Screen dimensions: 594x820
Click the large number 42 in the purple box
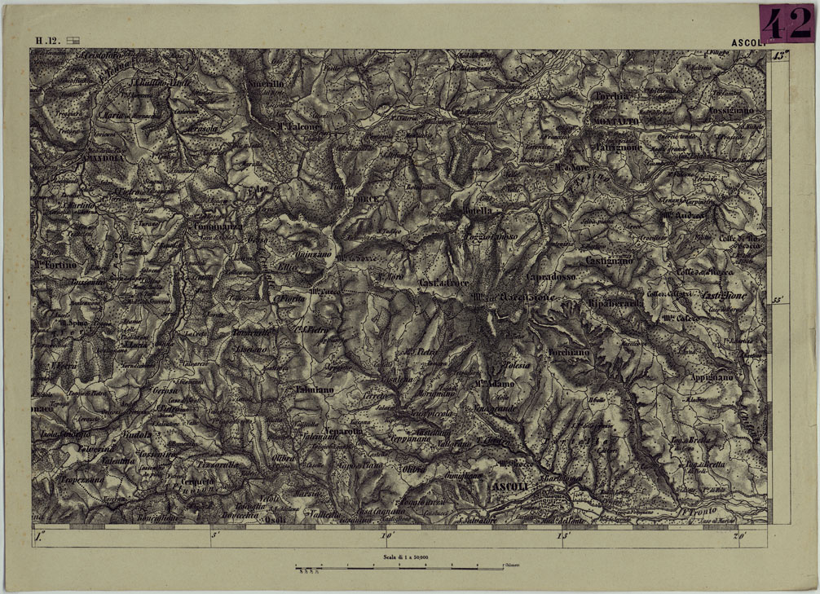coord(786,24)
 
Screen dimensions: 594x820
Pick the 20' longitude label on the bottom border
coord(740,536)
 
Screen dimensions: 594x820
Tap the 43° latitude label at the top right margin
coord(781,56)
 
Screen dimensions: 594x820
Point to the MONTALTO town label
coord(612,121)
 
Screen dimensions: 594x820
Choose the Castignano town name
coord(608,260)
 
